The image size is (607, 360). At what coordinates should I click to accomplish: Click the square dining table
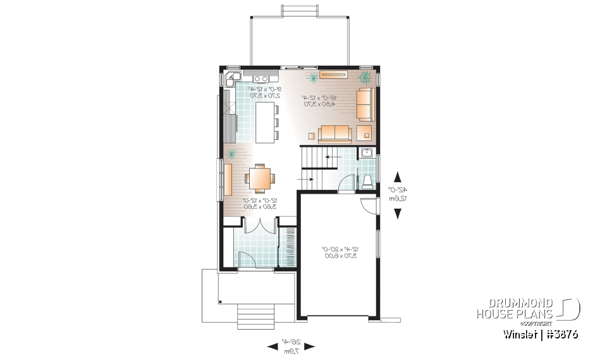259,178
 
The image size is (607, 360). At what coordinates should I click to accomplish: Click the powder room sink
366,152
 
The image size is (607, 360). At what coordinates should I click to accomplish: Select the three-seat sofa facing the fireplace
334,133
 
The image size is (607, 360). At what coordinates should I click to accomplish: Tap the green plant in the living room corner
365,78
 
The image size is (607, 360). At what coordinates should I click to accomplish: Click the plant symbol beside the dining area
231,154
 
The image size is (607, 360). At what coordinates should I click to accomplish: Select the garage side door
368,206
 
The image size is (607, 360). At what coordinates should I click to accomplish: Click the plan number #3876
559,333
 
